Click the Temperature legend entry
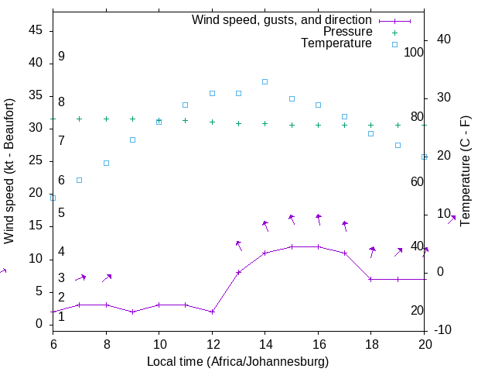click(336, 43)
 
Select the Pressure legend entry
click(348, 32)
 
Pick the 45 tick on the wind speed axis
click(36, 31)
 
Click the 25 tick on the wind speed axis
click(36, 161)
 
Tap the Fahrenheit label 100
click(415, 52)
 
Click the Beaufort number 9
click(61, 57)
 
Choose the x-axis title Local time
click(237, 361)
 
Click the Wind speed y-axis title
click(9, 170)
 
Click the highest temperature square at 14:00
click(265, 81)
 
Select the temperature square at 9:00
click(132, 139)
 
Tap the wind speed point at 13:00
click(238, 272)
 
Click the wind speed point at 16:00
click(318, 246)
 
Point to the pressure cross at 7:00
click(79, 119)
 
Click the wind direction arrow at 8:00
click(107, 277)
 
